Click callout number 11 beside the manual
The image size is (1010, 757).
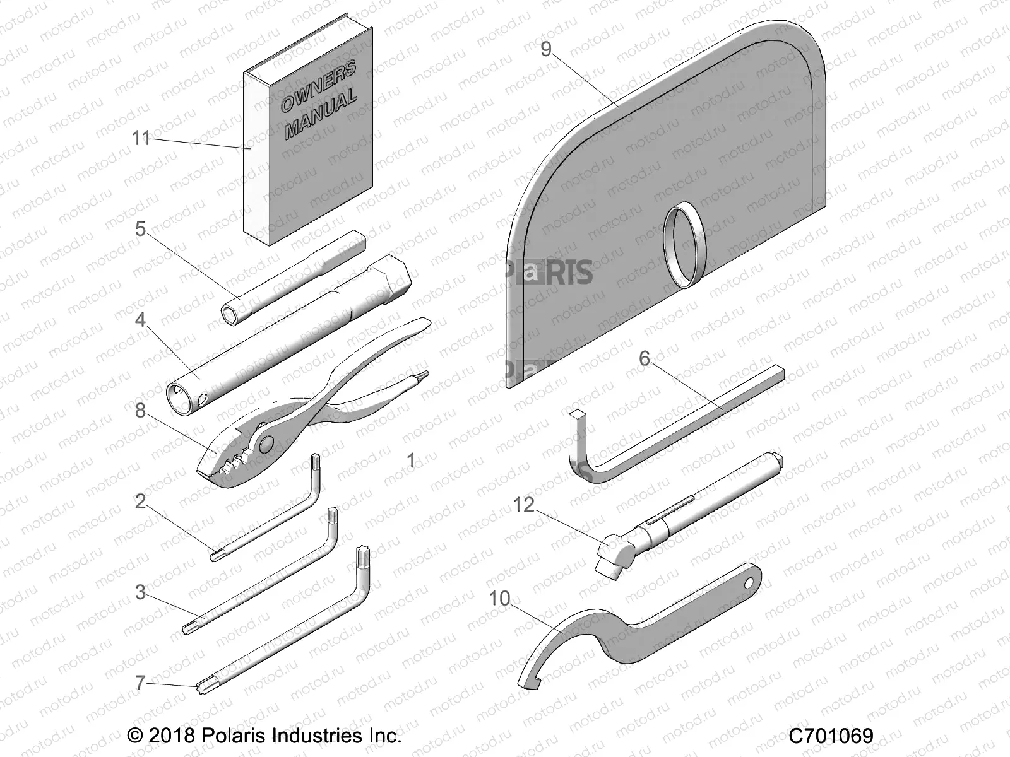142,138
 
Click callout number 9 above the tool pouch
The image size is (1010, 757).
547,49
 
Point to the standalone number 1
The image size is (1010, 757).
411,461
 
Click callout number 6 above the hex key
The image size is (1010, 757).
644,358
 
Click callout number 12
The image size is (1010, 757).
523,505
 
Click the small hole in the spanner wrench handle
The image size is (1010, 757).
749,583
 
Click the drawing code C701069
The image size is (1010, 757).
831,736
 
